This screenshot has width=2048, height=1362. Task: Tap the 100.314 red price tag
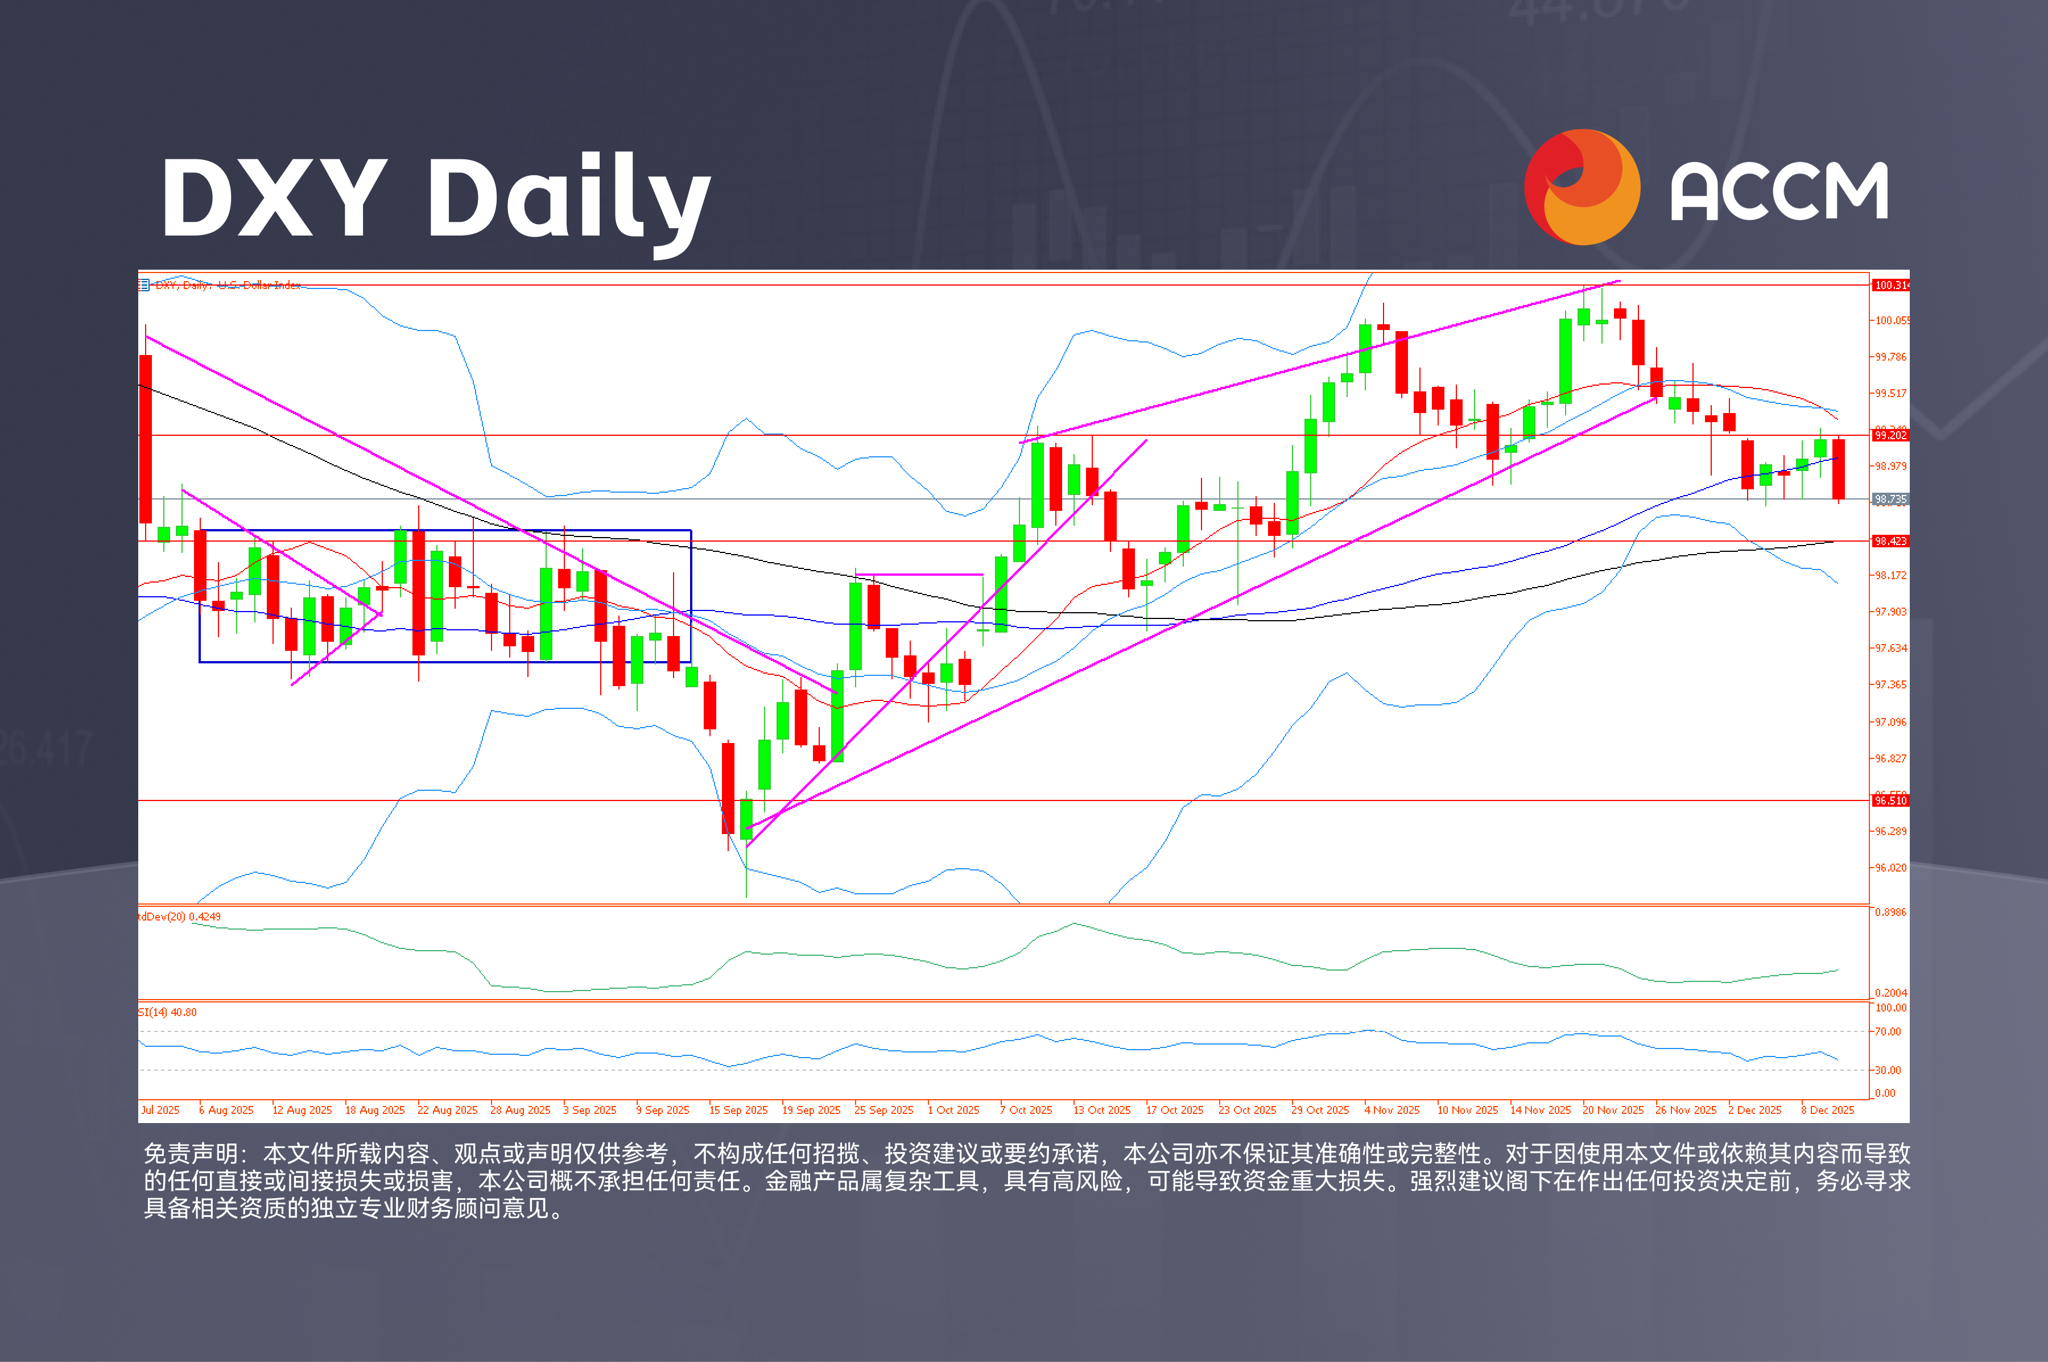pyautogui.click(x=1890, y=285)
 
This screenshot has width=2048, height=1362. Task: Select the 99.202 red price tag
pyautogui.click(x=1890, y=435)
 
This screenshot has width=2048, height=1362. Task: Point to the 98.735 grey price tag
pyautogui.click(x=1890, y=500)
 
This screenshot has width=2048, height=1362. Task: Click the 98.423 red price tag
pyautogui.click(x=1890, y=541)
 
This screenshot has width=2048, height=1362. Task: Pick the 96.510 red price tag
pyautogui.click(x=1890, y=800)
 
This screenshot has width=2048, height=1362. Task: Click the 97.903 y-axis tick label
pyautogui.click(x=1890, y=612)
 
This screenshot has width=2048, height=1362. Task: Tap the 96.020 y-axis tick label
pyautogui.click(x=1890, y=868)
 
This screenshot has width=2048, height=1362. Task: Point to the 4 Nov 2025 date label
pyautogui.click(x=1392, y=1110)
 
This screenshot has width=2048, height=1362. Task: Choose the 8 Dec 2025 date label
pyautogui.click(x=1827, y=1110)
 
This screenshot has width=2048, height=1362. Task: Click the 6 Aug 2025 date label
pyautogui.click(x=226, y=1110)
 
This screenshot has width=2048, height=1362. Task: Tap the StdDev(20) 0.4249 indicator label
pyautogui.click(x=180, y=917)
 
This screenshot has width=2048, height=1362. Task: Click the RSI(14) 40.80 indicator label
pyautogui.click(x=168, y=1012)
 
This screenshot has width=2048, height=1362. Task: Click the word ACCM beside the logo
pyautogui.click(x=1779, y=191)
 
